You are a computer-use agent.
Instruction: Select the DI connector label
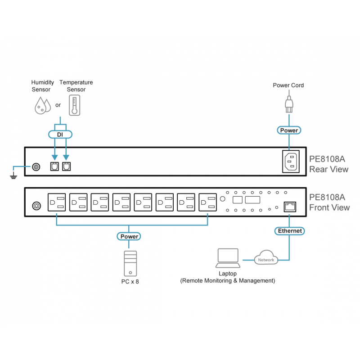[59, 135]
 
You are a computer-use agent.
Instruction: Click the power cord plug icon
[288, 103]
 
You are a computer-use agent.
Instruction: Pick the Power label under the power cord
[288, 130]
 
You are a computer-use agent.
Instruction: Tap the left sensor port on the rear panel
[54, 166]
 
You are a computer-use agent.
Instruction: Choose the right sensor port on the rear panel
[66, 166]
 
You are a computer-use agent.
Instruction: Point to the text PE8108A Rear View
[329, 164]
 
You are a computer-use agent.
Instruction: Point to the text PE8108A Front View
[329, 202]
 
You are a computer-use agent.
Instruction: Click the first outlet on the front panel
[57, 202]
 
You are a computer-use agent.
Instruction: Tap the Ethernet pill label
[289, 231]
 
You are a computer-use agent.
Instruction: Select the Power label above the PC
[129, 236]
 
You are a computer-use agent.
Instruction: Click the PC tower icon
[129, 265]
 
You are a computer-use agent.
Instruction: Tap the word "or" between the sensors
[58, 106]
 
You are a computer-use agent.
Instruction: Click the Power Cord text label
[288, 85]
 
